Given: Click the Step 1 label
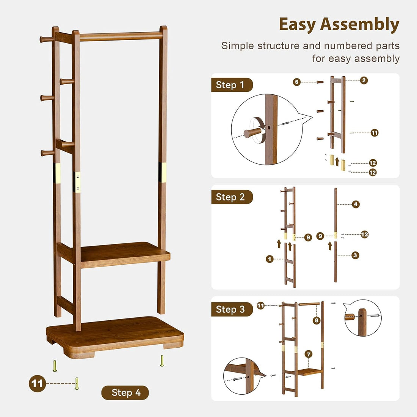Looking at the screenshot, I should [x=231, y=85].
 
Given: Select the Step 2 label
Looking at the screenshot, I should [x=231, y=197].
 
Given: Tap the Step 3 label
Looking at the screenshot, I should [x=231, y=309].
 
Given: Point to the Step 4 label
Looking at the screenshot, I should [x=125, y=393].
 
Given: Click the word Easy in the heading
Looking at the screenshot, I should [x=297, y=25].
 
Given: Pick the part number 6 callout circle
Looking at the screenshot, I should [x=297, y=82].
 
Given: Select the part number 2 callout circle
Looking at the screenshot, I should [x=364, y=80].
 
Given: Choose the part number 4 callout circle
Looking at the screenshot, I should [x=356, y=204].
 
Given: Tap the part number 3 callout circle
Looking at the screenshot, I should [x=355, y=255].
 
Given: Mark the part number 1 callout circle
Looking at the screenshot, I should [x=270, y=259].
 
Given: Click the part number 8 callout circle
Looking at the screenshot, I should [x=317, y=320].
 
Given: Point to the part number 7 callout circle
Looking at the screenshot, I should [x=309, y=354].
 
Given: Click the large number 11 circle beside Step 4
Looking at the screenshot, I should [x=37, y=384].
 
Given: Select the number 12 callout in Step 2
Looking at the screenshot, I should [x=365, y=235].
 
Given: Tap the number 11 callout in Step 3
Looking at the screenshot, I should [x=260, y=306].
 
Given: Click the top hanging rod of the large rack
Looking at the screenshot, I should [x=121, y=36].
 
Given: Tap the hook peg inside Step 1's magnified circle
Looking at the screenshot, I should [x=252, y=133].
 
